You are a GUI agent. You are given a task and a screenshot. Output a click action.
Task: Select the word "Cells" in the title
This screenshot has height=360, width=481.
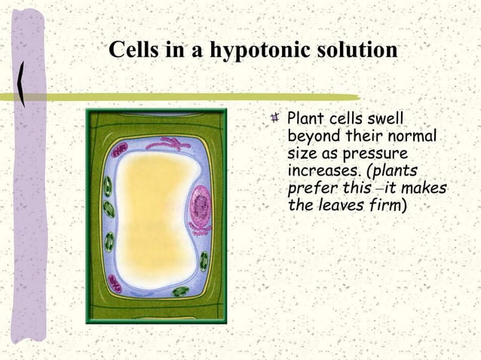point(133,50)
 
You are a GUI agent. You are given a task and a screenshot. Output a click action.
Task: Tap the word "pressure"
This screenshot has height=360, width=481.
point(374,153)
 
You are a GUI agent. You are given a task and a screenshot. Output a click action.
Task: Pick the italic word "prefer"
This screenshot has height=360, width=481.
point(312,187)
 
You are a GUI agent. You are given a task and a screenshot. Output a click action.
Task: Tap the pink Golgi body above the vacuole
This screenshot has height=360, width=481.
point(173,143)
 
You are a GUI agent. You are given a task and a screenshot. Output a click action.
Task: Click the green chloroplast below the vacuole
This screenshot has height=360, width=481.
point(180,291)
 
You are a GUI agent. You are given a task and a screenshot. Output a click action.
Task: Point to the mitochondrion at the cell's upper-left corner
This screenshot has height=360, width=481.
point(120,151)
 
